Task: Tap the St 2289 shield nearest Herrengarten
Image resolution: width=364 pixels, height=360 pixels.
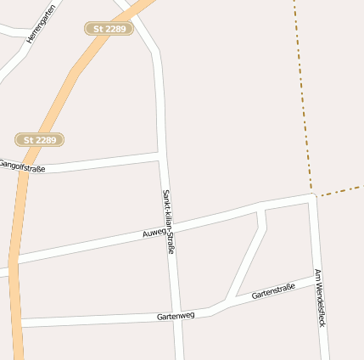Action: tap(109, 29)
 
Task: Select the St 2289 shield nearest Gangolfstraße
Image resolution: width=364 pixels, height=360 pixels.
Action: tap(40, 138)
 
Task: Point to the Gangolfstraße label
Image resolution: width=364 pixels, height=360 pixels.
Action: tap(21, 166)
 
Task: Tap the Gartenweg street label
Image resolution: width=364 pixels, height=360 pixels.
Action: tap(176, 316)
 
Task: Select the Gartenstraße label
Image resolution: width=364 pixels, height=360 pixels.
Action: tap(272, 293)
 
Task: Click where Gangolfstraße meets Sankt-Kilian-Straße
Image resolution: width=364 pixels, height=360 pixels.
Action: tap(160, 156)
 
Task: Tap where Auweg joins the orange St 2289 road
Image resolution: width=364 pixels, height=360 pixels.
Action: tap(14, 259)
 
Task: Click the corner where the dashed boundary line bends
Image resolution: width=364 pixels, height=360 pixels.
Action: tap(312, 190)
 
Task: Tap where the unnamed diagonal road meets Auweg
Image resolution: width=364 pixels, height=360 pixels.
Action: tap(260, 207)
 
